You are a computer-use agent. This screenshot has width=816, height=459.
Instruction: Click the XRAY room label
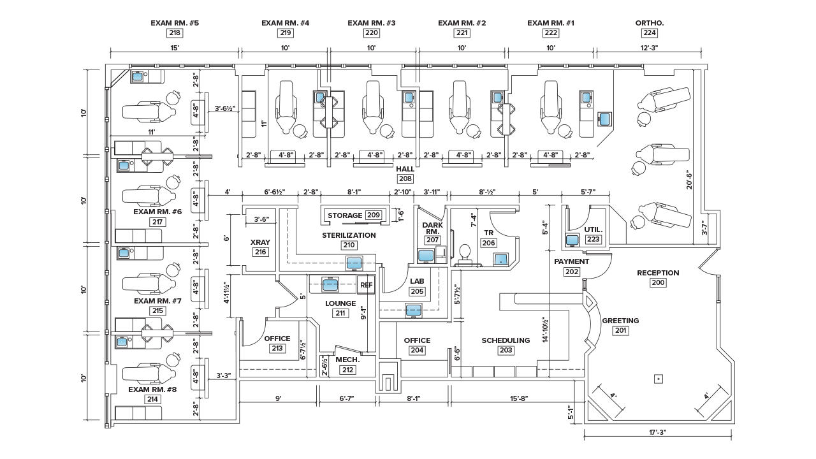click(x=259, y=242)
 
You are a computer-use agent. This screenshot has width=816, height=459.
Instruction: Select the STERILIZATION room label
click(x=348, y=235)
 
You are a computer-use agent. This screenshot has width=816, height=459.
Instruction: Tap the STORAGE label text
click(x=345, y=215)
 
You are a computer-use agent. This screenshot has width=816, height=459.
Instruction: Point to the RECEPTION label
click(x=658, y=273)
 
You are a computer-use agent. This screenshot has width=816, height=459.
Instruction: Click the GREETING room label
click(x=620, y=321)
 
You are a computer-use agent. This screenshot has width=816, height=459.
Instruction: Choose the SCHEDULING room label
click(x=506, y=340)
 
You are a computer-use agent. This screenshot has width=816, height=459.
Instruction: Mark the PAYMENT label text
click(x=571, y=261)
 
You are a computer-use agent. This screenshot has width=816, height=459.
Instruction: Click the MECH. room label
click(x=348, y=360)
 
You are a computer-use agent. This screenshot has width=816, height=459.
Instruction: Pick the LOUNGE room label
click(x=340, y=303)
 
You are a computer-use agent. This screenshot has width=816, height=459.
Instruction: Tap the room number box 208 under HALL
click(x=405, y=179)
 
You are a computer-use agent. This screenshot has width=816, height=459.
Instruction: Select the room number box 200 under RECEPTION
click(x=658, y=282)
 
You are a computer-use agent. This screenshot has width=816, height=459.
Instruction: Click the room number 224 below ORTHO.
click(x=650, y=33)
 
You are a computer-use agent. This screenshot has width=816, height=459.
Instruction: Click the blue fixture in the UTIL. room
click(x=572, y=240)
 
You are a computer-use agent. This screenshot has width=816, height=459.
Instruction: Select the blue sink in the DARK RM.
click(x=426, y=256)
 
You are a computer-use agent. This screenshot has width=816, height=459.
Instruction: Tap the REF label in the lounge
click(x=367, y=285)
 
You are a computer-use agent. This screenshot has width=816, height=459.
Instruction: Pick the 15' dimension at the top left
click(x=174, y=48)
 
